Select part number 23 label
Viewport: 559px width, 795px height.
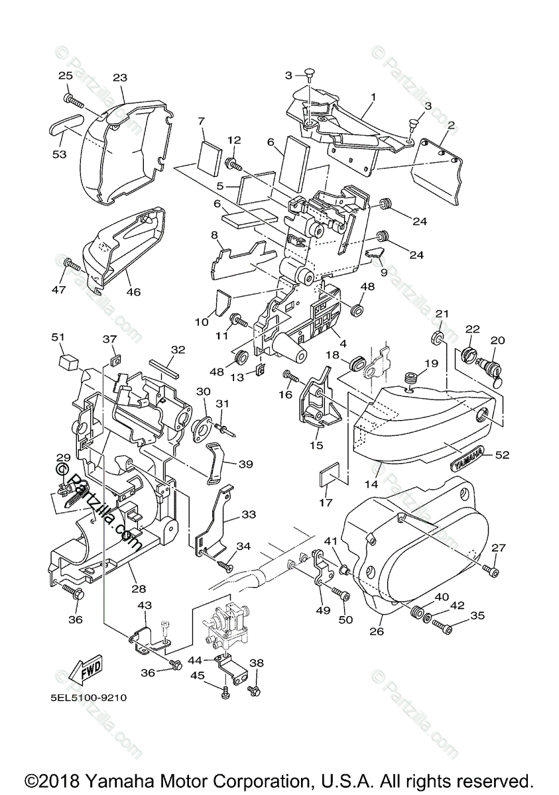[119, 78]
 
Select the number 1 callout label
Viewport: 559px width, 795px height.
[373, 97]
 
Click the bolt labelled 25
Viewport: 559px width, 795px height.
[73, 101]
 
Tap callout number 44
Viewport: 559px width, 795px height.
[194, 661]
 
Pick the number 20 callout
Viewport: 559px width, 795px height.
[497, 341]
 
